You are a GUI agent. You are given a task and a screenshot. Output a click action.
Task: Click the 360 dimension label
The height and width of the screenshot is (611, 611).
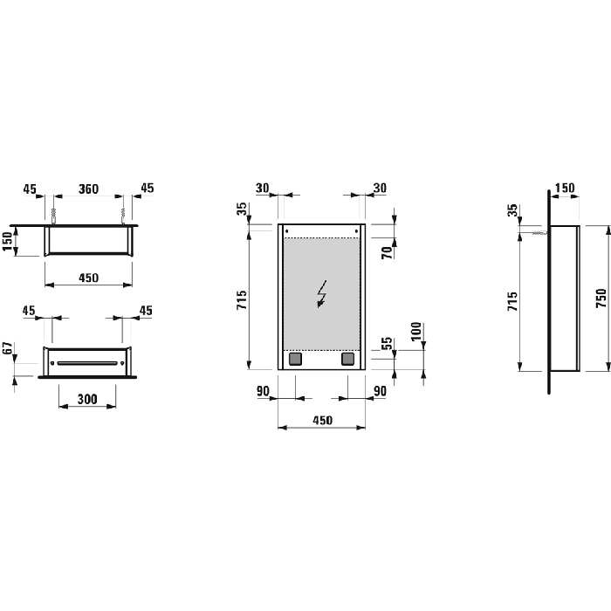pyautogui.click(x=88, y=189)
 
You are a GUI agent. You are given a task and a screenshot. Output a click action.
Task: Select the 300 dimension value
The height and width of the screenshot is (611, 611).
pyautogui.click(x=87, y=399)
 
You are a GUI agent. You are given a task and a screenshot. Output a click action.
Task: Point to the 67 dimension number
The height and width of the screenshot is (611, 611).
pyautogui.click(x=8, y=350)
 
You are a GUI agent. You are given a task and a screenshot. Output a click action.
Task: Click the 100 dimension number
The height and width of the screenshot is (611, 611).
pyautogui.click(x=417, y=331)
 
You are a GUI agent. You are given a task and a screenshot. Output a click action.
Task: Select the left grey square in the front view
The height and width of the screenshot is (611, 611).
pyautogui.click(x=295, y=358)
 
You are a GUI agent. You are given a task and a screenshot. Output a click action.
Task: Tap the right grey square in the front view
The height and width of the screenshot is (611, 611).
pyautogui.click(x=347, y=358)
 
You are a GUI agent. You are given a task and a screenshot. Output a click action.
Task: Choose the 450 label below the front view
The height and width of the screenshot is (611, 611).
pyautogui.click(x=321, y=421)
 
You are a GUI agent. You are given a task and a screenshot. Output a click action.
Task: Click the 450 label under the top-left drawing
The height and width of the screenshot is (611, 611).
pyautogui.click(x=88, y=278)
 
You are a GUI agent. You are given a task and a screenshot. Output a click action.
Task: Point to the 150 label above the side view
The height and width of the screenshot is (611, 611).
pyautogui.click(x=565, y=189)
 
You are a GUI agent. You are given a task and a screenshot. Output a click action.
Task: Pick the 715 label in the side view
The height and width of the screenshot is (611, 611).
pyautogui.click(x=513, y=302)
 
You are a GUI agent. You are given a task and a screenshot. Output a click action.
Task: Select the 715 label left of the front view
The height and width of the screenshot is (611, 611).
pyautogui.click(x=242, y=302)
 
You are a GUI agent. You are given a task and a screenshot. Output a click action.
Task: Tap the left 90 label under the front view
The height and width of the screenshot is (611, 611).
pyautogui.click(x=263, y=392)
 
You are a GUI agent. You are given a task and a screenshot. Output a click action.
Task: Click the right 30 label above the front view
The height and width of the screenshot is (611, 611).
pyautogui.click(x=380, y=189)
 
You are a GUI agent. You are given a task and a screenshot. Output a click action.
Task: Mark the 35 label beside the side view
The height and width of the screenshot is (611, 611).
pyautogui.click(x=513, y=209)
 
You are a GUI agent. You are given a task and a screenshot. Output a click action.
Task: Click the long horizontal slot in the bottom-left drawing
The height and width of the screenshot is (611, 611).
pyautogui.click(x=87, y=362)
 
